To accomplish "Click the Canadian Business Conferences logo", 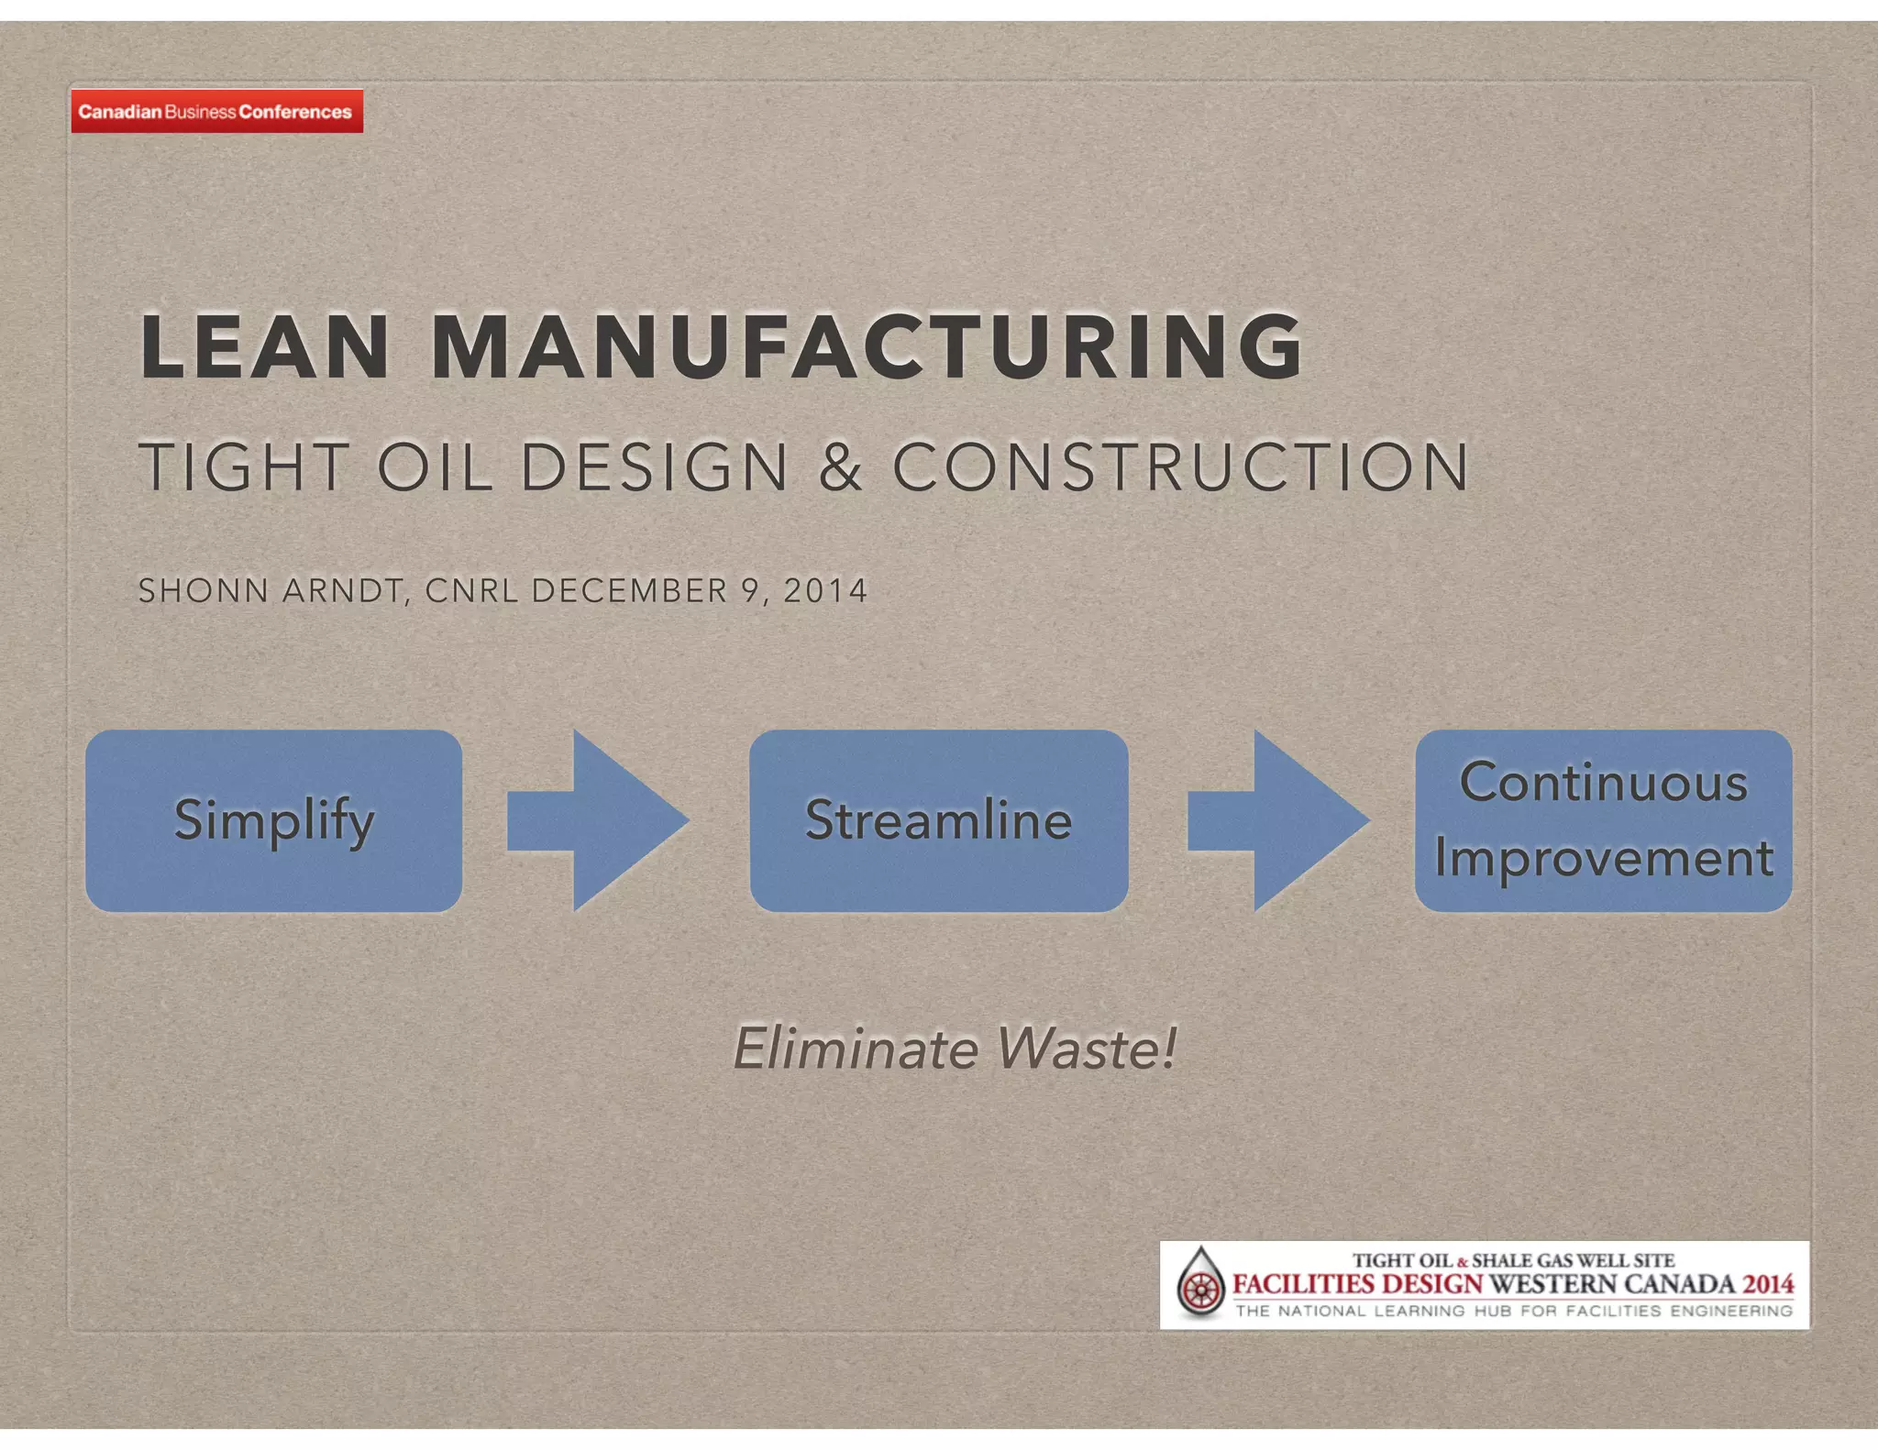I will pyautogui.click(x=216, y=112).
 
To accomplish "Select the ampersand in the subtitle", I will pyautogui.click(x=840, y=467).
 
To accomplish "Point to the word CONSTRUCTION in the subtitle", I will pyautogui.click(x=1181, y=467).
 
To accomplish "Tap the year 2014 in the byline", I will pyautogui.click(x=825, y=591).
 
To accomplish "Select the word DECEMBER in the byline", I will pyautogui.click(x=630, y=591).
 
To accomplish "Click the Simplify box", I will pyautogui.click(x=273, y=820).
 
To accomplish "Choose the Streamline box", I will pyautogui.click(x=938, y=820).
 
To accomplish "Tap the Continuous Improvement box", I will pyautogui.click(x=1603, y=820).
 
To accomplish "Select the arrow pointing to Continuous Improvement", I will pyautogui.click(x=1278, y=820).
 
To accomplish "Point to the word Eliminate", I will pyautogui.click(x=855, y=1049).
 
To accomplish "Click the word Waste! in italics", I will pyautogui.click(x=1086, y=1049).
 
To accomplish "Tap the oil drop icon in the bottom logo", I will pyautogui.click(x=1200, y=1284).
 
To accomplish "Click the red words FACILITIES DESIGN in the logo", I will pyautogui.click(x=1357, y=1283).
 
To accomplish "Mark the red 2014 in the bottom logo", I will pyautogui.click(x=1768, y=1283).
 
